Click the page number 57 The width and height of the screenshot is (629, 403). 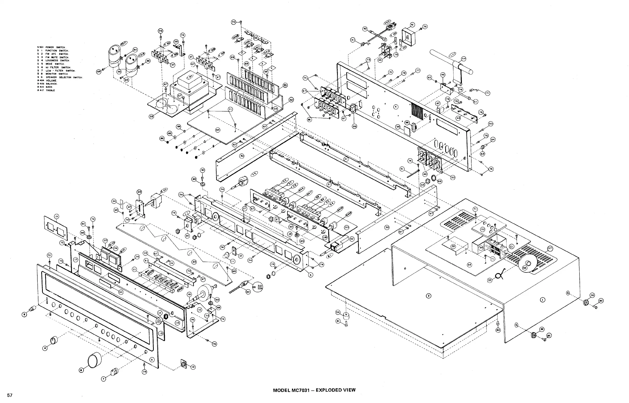pos(9,395)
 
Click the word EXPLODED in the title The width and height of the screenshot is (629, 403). pos(328,390)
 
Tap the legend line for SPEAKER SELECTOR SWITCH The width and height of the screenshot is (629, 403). pos(60,77)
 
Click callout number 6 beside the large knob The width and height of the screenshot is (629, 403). pos(81,370)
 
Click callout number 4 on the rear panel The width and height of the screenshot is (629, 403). pos(395,107)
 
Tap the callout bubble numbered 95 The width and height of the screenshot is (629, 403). pos(217,130)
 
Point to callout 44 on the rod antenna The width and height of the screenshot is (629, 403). pos(463,59)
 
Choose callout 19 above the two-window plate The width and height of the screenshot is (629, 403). pos(56,216)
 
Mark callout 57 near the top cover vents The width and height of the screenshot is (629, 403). pos(550,248)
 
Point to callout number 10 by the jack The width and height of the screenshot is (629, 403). pos(193,367)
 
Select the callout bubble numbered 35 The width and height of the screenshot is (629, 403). pos(151,117)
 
